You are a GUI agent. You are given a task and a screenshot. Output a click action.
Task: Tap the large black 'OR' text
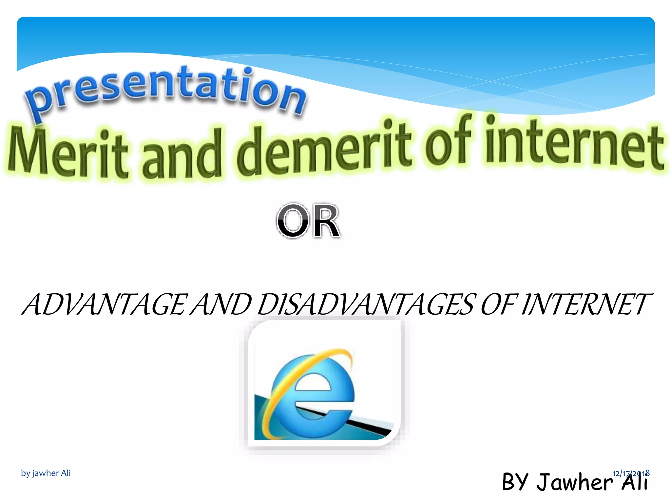click(308, 221)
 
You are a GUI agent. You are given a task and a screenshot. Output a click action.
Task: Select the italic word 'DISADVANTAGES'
click(365, 304)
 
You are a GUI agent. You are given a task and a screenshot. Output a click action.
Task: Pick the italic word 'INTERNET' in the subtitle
click(585, 304)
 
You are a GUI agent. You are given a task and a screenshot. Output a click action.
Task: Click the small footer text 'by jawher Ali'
click(46, 473)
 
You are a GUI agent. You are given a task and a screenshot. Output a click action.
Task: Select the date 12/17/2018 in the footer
click(631, 473)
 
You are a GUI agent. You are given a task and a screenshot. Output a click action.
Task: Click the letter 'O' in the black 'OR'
click(293, 221)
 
